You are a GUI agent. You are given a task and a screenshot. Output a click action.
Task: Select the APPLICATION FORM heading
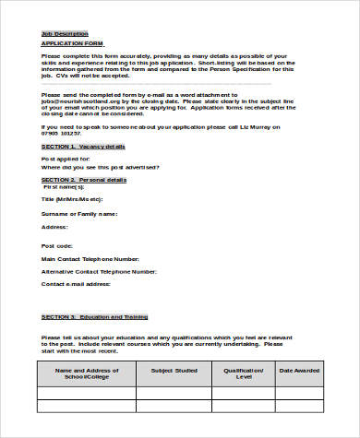(72, 43)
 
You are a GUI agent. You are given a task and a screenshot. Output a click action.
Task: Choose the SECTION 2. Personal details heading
(84, 179)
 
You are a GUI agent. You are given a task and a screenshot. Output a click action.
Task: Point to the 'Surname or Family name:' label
(80, 213)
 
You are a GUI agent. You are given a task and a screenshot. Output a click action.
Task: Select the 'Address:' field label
(54, 226)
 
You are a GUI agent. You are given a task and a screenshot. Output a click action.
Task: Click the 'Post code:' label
(57, 246)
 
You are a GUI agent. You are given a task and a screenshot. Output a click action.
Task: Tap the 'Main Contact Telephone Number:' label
(90, 259)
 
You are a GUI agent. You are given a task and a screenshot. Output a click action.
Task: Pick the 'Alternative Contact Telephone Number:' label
(99, 272)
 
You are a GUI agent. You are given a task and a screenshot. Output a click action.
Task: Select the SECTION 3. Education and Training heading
(94, 317)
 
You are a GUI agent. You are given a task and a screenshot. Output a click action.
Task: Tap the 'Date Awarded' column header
(299, 371)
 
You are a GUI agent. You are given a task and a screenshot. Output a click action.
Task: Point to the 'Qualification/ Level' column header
(244, 373)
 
